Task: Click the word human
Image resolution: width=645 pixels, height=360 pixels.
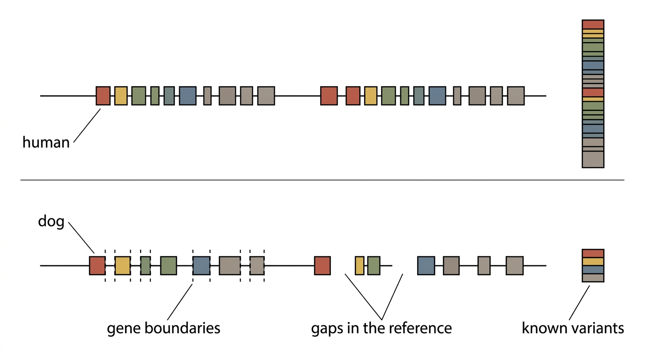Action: coord(46,142)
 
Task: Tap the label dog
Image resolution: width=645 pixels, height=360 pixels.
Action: coord(51,221)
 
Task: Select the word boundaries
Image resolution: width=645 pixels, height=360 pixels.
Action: coord(182,328)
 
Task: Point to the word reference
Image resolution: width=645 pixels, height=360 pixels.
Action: coord(415,328)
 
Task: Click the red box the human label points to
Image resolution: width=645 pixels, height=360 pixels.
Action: coord(103,96)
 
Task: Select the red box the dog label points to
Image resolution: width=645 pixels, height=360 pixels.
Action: coord(97,265)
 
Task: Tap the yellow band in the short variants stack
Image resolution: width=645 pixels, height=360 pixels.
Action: coord(593,262)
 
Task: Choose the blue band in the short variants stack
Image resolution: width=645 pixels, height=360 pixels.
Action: coord(593,270)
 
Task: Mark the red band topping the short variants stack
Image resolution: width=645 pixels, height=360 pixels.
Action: coord(593,254)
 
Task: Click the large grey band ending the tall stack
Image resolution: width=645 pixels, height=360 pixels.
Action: coord(593,159)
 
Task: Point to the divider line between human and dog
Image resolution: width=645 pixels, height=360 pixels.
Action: coord(322,180)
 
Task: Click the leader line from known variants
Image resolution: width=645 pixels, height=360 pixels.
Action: coord(579,303)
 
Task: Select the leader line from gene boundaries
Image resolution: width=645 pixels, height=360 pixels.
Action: coord(180,302)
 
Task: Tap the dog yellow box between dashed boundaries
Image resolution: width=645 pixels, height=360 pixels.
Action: coord(123,265)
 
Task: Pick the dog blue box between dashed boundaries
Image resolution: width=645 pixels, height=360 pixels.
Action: coord(201,265)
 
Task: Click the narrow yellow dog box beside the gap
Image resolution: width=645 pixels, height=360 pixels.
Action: coord(360,265)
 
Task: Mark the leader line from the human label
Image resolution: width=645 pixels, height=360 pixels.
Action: coord(87,125)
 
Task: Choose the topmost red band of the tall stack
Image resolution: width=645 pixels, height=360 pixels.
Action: coord(593,24)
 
